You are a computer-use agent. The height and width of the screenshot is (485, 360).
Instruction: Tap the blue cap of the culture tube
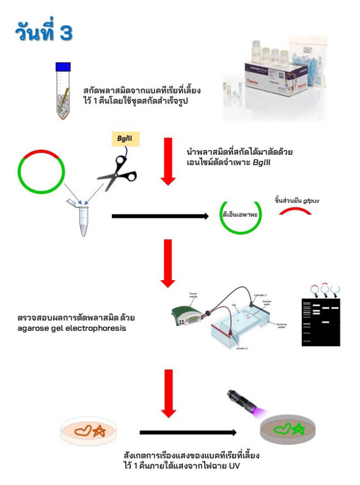click(x=63, y=66)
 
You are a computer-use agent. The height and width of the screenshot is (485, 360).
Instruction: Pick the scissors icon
click(x=117, y=171)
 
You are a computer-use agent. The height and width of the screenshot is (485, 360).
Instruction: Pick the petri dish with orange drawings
click(x=89, y=431)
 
